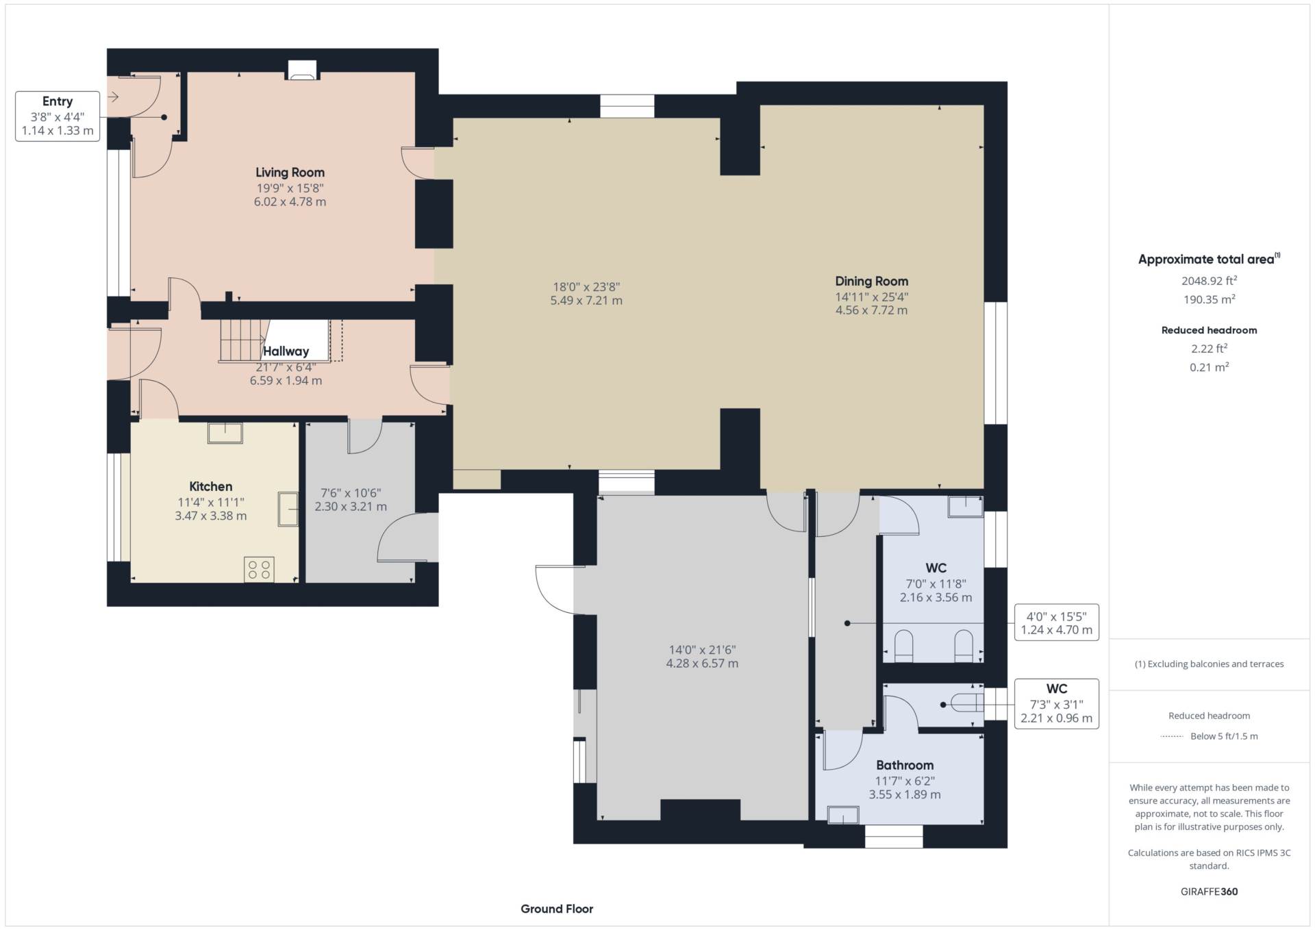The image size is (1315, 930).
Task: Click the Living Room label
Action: (x=290, y=173)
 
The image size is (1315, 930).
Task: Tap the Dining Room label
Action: (x=871, y=281)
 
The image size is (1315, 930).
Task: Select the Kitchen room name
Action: (x=211, y=486)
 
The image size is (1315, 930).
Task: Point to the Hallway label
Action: (x=286, y=351)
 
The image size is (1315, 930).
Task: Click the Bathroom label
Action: (x=905, y=765)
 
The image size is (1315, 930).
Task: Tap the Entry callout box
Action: (x=58, y=116)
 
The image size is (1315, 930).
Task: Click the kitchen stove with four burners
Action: (x=259, y=570)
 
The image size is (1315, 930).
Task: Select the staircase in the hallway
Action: (x=242, y=340)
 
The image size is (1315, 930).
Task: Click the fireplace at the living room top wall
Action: (x=302, y=70)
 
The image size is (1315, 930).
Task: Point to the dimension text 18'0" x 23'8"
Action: (x=586, y=287)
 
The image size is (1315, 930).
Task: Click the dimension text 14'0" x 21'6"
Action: (x=702, y=650)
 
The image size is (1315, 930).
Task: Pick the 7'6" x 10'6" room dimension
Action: (x=351, y=493)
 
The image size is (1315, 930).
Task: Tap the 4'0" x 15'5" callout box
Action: (x=1057, y=623)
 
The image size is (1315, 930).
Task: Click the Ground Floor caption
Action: (x=557, y=909)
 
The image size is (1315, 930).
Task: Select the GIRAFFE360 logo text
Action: (x=1209, y=892)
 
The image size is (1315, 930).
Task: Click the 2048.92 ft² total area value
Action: (x=1209, y=280)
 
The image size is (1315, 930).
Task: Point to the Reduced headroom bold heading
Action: (x=1209, y=330)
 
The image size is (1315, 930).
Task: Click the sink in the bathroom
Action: (x=843, y=815)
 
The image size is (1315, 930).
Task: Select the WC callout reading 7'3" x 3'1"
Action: (x=1057, y=703)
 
